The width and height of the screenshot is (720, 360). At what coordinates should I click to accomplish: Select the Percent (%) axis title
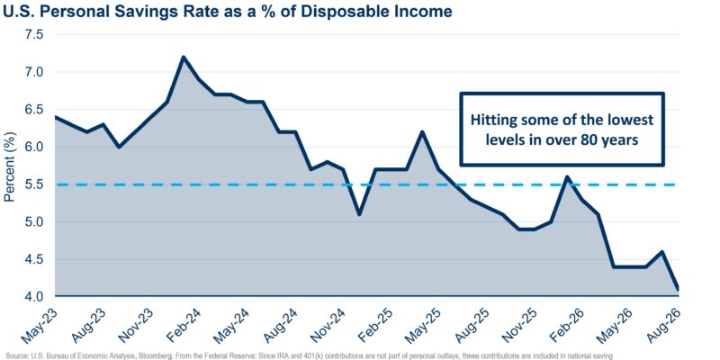[x=10, y=166]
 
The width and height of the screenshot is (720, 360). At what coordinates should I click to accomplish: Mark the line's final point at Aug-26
[x=678, y=289]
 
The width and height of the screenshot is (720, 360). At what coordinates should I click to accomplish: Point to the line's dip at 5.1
[x=358, y=214]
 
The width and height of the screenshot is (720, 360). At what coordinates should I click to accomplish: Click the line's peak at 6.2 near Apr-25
[x=422, y=132]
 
